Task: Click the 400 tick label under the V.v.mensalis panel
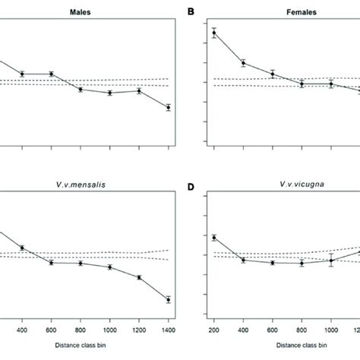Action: pos(22,331)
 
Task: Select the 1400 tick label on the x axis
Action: pos(169,331)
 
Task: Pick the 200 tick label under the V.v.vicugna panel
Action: pos(213,331)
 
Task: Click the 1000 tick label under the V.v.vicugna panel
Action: pos(331,331)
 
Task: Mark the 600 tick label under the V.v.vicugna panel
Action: pos(272,331)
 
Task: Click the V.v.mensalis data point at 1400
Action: pos(169,300)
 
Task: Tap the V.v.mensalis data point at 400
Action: pos(22,248)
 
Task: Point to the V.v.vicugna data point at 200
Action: pos(213,238)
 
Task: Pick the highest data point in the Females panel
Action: pos(213,33)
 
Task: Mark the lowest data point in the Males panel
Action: pos(169,108)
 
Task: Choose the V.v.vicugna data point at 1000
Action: pos(331,261)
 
